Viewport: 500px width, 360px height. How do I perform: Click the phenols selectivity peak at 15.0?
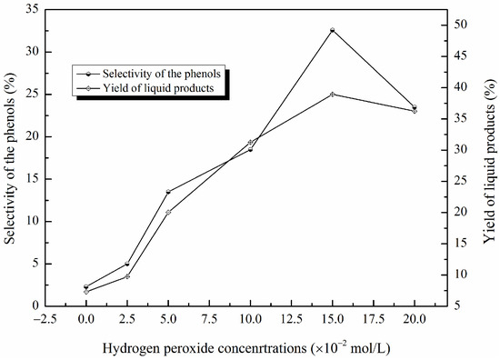tap(333, 30)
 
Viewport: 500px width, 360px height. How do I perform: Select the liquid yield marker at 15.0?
tap(333, 94)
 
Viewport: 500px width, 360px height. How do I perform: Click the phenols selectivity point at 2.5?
tap(127, 264)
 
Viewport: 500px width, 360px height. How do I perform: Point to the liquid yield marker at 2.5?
tap(127, 276)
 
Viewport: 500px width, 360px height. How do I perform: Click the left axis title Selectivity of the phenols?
tap(12, 158)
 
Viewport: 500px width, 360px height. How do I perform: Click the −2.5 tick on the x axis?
tap(45, 319)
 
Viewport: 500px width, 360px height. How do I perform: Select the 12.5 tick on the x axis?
tap(292, 319)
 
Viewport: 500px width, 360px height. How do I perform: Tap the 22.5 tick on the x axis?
tap(456, 319)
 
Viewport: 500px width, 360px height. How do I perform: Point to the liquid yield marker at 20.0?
tap(415, 111)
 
